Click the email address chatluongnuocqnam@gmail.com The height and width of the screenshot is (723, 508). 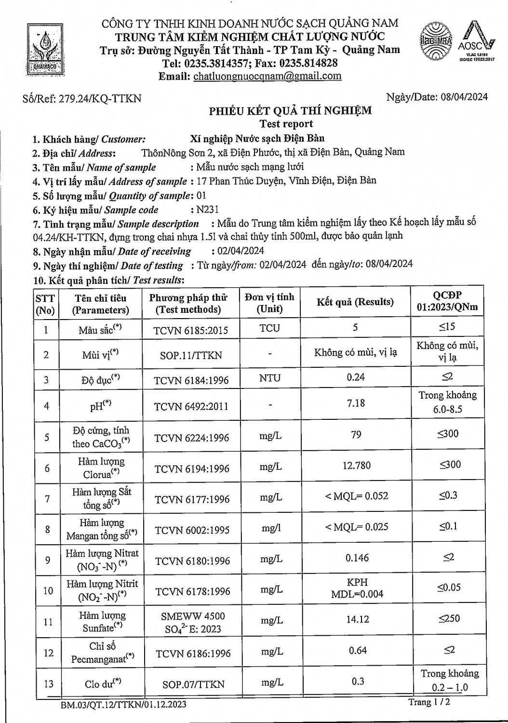267,76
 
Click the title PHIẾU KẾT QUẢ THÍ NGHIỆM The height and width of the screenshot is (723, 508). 290,111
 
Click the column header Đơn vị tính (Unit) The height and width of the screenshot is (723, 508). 269,303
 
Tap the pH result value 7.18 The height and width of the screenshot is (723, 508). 356,403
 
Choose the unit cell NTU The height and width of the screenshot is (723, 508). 269,378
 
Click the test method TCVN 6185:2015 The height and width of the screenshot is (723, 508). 191,330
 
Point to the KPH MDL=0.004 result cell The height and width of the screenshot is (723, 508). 357,588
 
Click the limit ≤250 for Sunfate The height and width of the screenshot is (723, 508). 449,618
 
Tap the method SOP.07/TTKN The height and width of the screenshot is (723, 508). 192,684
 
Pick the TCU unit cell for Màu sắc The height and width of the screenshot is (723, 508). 269,328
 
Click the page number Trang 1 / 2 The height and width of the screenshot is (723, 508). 429,702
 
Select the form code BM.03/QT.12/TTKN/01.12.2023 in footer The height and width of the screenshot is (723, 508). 123,705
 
